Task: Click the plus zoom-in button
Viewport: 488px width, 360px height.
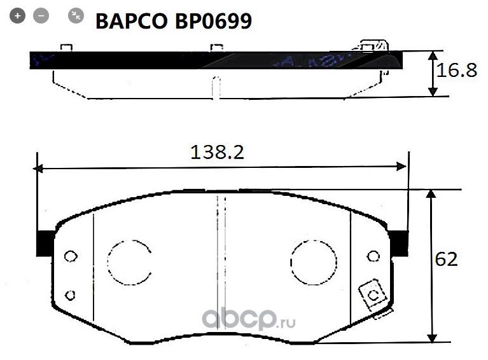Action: point(18,16)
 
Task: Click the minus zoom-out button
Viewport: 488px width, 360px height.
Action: point(41,16)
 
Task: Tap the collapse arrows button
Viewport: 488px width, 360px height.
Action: point(76,16)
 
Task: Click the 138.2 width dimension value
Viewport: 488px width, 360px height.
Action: point(218,153)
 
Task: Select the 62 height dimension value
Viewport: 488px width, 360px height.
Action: point(446,260)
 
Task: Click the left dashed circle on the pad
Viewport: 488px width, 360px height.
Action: point(129,262)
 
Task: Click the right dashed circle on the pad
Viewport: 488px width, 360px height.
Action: point(313,262)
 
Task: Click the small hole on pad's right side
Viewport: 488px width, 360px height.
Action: point(374,256)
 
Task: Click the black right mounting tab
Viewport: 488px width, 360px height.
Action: point(399,242)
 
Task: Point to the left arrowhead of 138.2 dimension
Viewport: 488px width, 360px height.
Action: point(38,169)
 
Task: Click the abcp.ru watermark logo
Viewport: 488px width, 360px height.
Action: point(249,319)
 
